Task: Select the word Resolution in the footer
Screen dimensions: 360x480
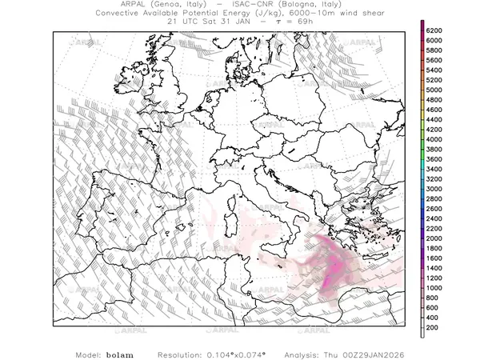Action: [x=180, y=353]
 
